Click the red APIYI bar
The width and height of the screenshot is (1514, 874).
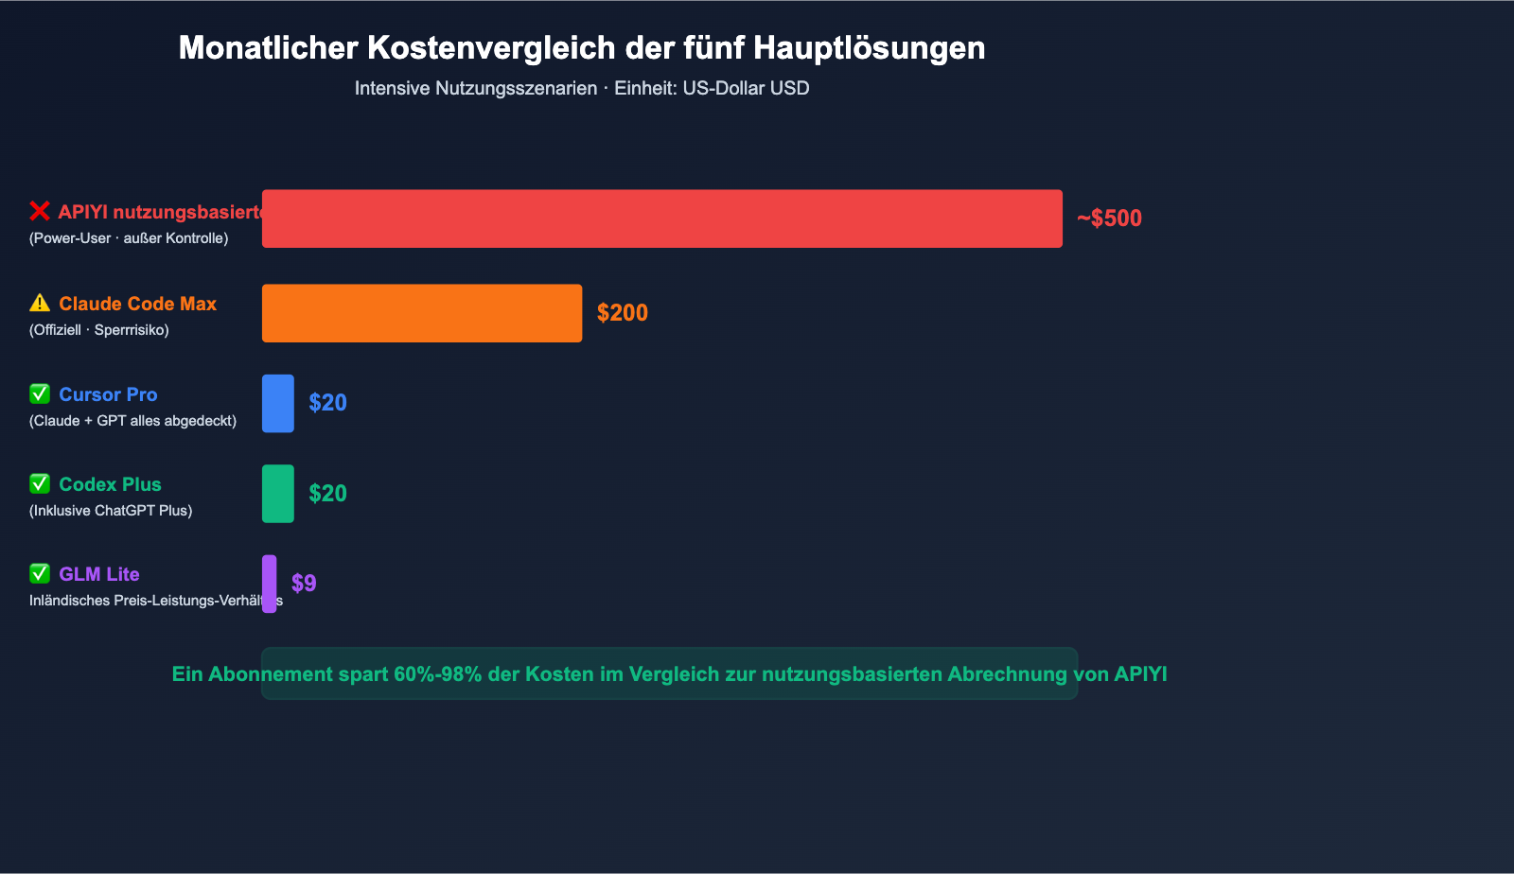pyautogui.click(x=661, y=218)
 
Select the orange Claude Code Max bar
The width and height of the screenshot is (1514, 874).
pyautogui.click(x=422, y=313)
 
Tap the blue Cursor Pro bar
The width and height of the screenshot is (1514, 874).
pyautogui.click(x=278, y=404)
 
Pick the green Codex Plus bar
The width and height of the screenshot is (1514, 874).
pyautogui.click(x=278, y=494)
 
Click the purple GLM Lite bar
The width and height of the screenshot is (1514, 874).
pyautogui.click(x=270, y=584)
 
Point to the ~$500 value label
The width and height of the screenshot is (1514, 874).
pyautogui.click(x=1109, y=218)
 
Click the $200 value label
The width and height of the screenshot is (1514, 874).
pyautogui.click(x=623, y=313)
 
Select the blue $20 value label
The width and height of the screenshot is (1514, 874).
pyautogui.click(x=327, y=403)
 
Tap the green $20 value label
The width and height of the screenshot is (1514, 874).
pyautogui.click(x=327, y=494)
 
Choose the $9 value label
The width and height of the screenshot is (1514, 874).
pyautogui.click(x=304, y=584)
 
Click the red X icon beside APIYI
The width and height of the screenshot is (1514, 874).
pyautogui.click(x=40, y=211)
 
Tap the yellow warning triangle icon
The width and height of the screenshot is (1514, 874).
pyautogui.click(x=40, y=303)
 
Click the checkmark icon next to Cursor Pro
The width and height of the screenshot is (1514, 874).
pyautogui.click(x=40, y=393)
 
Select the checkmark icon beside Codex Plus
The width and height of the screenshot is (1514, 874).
pyautogui.click(x=40, y=483)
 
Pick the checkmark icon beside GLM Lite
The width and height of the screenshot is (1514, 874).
pyautogui.click(x=40, y=573)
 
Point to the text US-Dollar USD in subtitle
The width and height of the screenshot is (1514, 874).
pyautogui.click(x=746, y=88)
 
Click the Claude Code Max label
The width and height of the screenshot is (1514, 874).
pyautogui.click(x=137, y=304)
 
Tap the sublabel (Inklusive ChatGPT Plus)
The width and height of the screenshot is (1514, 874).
pyautogui.click(x=111, y=511)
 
